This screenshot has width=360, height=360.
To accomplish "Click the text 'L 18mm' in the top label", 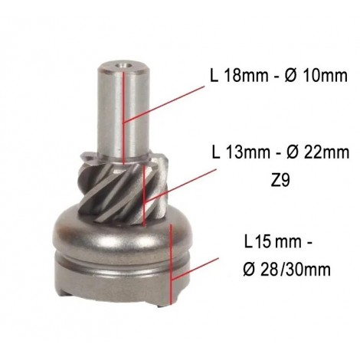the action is [239, 75].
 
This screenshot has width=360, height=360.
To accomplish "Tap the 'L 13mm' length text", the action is [241, 152].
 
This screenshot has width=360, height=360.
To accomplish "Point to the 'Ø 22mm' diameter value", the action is [318, 152].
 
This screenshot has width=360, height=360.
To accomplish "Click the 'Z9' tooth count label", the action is [280, 181].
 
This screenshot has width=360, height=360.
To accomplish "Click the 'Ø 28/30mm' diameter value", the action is [287, 269].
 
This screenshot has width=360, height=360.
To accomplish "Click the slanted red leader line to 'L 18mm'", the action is [164, 104].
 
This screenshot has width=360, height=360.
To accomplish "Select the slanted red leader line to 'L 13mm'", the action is [180, 186].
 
